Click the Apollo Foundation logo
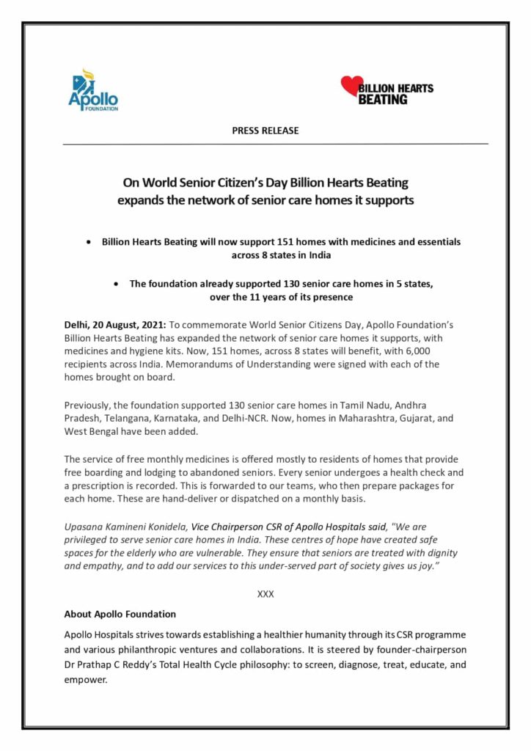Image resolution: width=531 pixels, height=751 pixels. click(93, 90)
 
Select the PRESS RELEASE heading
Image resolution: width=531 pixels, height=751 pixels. click(265, 131)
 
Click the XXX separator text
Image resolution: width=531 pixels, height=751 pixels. click(265, 594)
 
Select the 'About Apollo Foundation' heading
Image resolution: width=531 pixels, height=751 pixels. click(120, 614)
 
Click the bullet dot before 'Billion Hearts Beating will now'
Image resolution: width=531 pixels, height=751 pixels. click(89, 241)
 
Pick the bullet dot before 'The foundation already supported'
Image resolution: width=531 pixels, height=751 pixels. click(117, 283)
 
